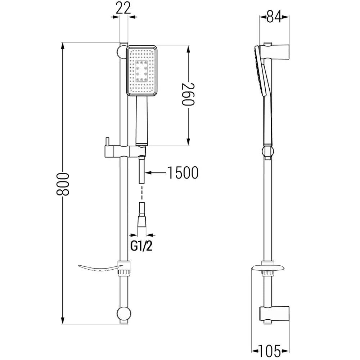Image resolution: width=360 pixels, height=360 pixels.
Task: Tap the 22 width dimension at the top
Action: [x=123, y=8]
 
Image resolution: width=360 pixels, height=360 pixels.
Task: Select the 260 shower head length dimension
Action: [x=188, y=94]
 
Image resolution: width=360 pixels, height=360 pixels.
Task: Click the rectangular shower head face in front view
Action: [x=142, y=71]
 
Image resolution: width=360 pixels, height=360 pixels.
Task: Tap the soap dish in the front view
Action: [x=99, y=267]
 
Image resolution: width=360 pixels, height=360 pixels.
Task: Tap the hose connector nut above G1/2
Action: [x=142, y=219]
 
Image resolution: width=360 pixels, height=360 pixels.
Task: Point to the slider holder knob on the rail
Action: [x=107, y=140]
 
